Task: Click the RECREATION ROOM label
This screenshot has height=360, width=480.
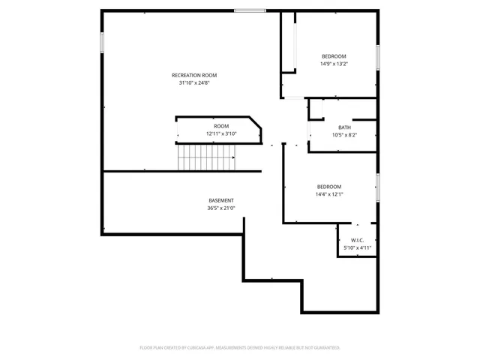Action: coord(194,75)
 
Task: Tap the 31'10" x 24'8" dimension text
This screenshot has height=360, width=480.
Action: coord(194,82)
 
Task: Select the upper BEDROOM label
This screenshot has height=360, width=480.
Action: coord(334,57)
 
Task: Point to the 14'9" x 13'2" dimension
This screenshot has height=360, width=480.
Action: coord(334,64)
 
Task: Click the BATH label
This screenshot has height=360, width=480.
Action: coord(344,127)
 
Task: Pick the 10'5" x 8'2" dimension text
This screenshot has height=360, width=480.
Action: coord(344,135)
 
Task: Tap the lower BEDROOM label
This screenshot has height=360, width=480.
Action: coord(328,187)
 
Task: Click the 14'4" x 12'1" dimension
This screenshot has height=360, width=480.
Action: coord(328,194)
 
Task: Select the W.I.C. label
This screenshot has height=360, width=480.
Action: coord(357,240)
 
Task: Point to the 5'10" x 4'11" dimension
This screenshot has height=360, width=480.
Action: coord(357,247)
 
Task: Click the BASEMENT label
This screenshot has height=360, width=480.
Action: coord(221,200)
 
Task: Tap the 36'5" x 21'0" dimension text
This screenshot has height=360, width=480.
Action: coord(221,208)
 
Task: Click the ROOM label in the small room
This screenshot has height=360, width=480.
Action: coord(221,126)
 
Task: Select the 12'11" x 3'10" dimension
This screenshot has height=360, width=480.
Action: coord(221,133)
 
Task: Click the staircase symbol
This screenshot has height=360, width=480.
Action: coord(206,158)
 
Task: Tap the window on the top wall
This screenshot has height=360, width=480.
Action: coord(249,10)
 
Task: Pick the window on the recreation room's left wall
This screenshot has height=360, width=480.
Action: coord(102,41)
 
